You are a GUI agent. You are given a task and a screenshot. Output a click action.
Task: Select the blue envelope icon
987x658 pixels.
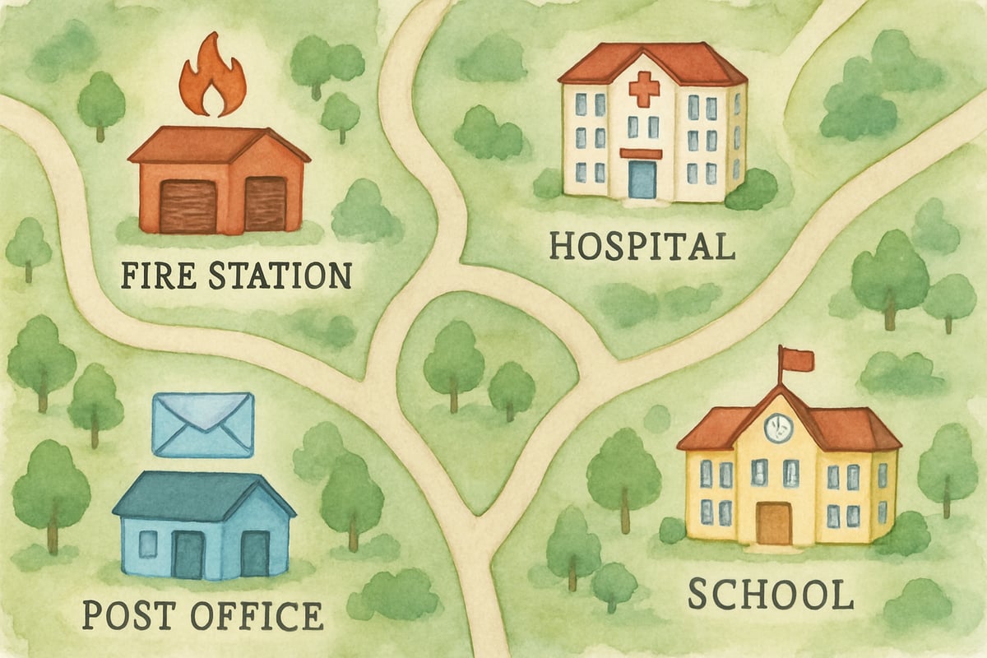click(203, 424)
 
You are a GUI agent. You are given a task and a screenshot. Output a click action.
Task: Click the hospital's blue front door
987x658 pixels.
click(642, 179)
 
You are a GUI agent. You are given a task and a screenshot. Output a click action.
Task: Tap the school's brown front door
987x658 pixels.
click(774, 522)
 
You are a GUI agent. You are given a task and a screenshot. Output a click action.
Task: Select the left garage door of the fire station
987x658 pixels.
click(188, 205)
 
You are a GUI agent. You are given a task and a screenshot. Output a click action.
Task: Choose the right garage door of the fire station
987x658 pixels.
click(265, 203)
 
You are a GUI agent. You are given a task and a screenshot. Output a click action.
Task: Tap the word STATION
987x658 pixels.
click(280, 275)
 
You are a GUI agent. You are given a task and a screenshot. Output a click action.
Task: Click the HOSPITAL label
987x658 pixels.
click(642, 245)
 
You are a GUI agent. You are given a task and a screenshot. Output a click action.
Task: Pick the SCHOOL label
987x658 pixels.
click(770, 594)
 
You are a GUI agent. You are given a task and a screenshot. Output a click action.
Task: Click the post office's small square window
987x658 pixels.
click(148, 544)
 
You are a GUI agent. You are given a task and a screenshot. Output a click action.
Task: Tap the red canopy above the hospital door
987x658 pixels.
click(641, 154)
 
